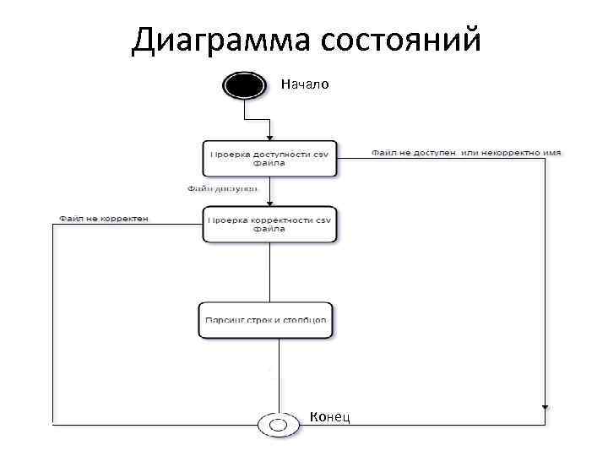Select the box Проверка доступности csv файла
269,158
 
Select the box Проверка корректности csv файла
269,224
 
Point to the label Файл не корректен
104,219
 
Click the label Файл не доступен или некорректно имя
465,153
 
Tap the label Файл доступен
222,189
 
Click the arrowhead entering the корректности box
269,203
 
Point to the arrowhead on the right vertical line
545,407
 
